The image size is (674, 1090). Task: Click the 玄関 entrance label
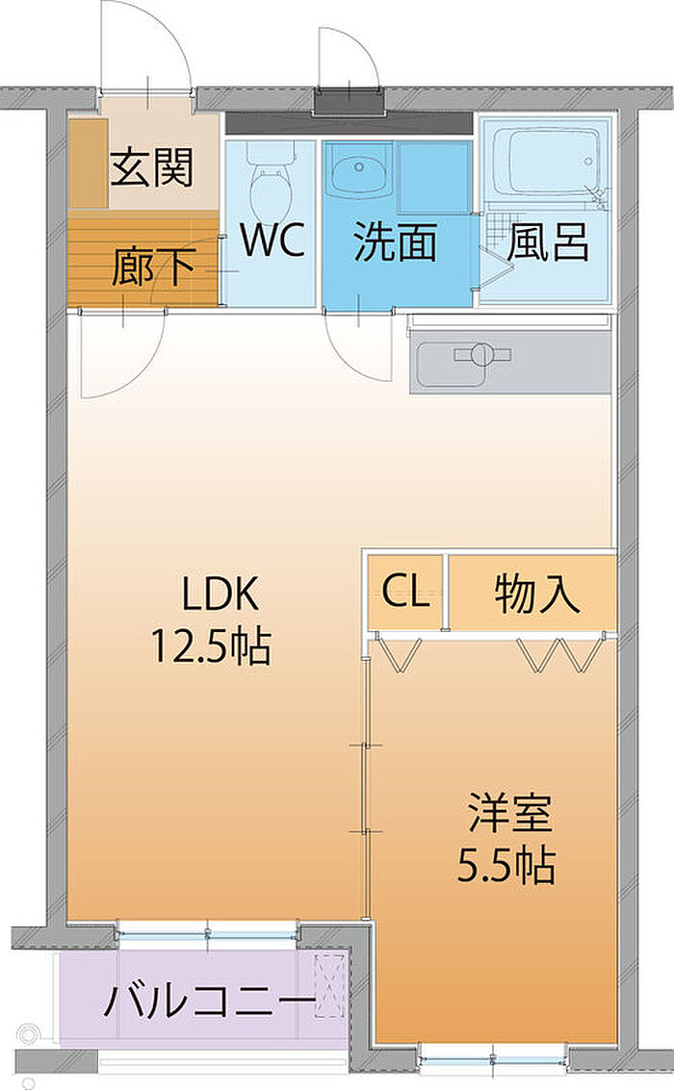pos(151,166)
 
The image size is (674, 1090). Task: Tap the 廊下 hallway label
pos(152,266)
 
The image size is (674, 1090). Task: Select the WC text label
pos(272,240)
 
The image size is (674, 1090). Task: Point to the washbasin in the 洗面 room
pos(357,170)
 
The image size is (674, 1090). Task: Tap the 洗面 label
pos(395,241)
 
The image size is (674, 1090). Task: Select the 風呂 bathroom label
pos(548,241)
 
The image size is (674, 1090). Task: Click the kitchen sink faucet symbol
pos(482,355)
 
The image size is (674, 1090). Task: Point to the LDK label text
pos(220,595)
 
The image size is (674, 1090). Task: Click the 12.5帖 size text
pos(212,646)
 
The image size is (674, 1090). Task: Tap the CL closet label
pos(405,592)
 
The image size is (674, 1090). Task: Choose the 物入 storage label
pos(537,594)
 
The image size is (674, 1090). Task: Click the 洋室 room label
pos(510,812)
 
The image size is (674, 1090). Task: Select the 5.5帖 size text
pos(506,865)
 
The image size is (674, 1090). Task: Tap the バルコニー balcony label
pos(210,1002)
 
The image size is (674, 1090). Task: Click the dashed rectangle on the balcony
pos(329,987)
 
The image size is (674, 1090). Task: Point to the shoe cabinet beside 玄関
pos(89,164)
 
